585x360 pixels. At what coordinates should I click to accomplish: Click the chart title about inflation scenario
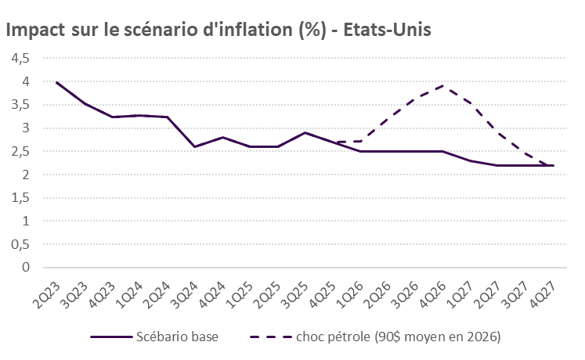219,30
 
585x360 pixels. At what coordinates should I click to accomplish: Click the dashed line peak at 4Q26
443,86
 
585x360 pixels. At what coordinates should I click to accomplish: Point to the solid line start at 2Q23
57,82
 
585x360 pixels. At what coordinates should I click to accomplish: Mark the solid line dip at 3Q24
195,146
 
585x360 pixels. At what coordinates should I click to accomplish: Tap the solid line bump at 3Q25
305,132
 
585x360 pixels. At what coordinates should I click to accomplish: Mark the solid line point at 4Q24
222,137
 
